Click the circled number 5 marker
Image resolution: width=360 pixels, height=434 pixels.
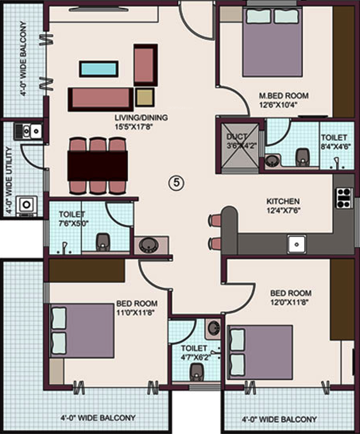[176, 183]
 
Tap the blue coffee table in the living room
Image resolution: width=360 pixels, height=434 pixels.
[99, 69]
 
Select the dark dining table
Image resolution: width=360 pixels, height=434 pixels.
[97, 166]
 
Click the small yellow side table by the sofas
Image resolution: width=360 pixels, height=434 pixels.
[145, 97]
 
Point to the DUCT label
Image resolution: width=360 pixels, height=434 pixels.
[237, 137]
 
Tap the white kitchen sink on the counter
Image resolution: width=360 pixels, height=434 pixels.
[297, 244]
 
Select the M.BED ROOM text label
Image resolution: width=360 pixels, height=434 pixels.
[283, 96]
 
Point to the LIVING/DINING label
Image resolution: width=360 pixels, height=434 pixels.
[141, 118]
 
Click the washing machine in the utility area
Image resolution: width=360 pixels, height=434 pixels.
[27, 206]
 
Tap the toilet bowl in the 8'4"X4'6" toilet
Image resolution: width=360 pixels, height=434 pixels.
[302, 157]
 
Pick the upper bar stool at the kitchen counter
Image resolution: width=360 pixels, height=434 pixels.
[215, 220]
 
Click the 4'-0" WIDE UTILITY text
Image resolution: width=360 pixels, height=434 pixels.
[8, 181]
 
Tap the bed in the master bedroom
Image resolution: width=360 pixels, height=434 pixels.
[272, 42]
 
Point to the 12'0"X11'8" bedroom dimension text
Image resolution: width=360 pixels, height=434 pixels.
[289, 302]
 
